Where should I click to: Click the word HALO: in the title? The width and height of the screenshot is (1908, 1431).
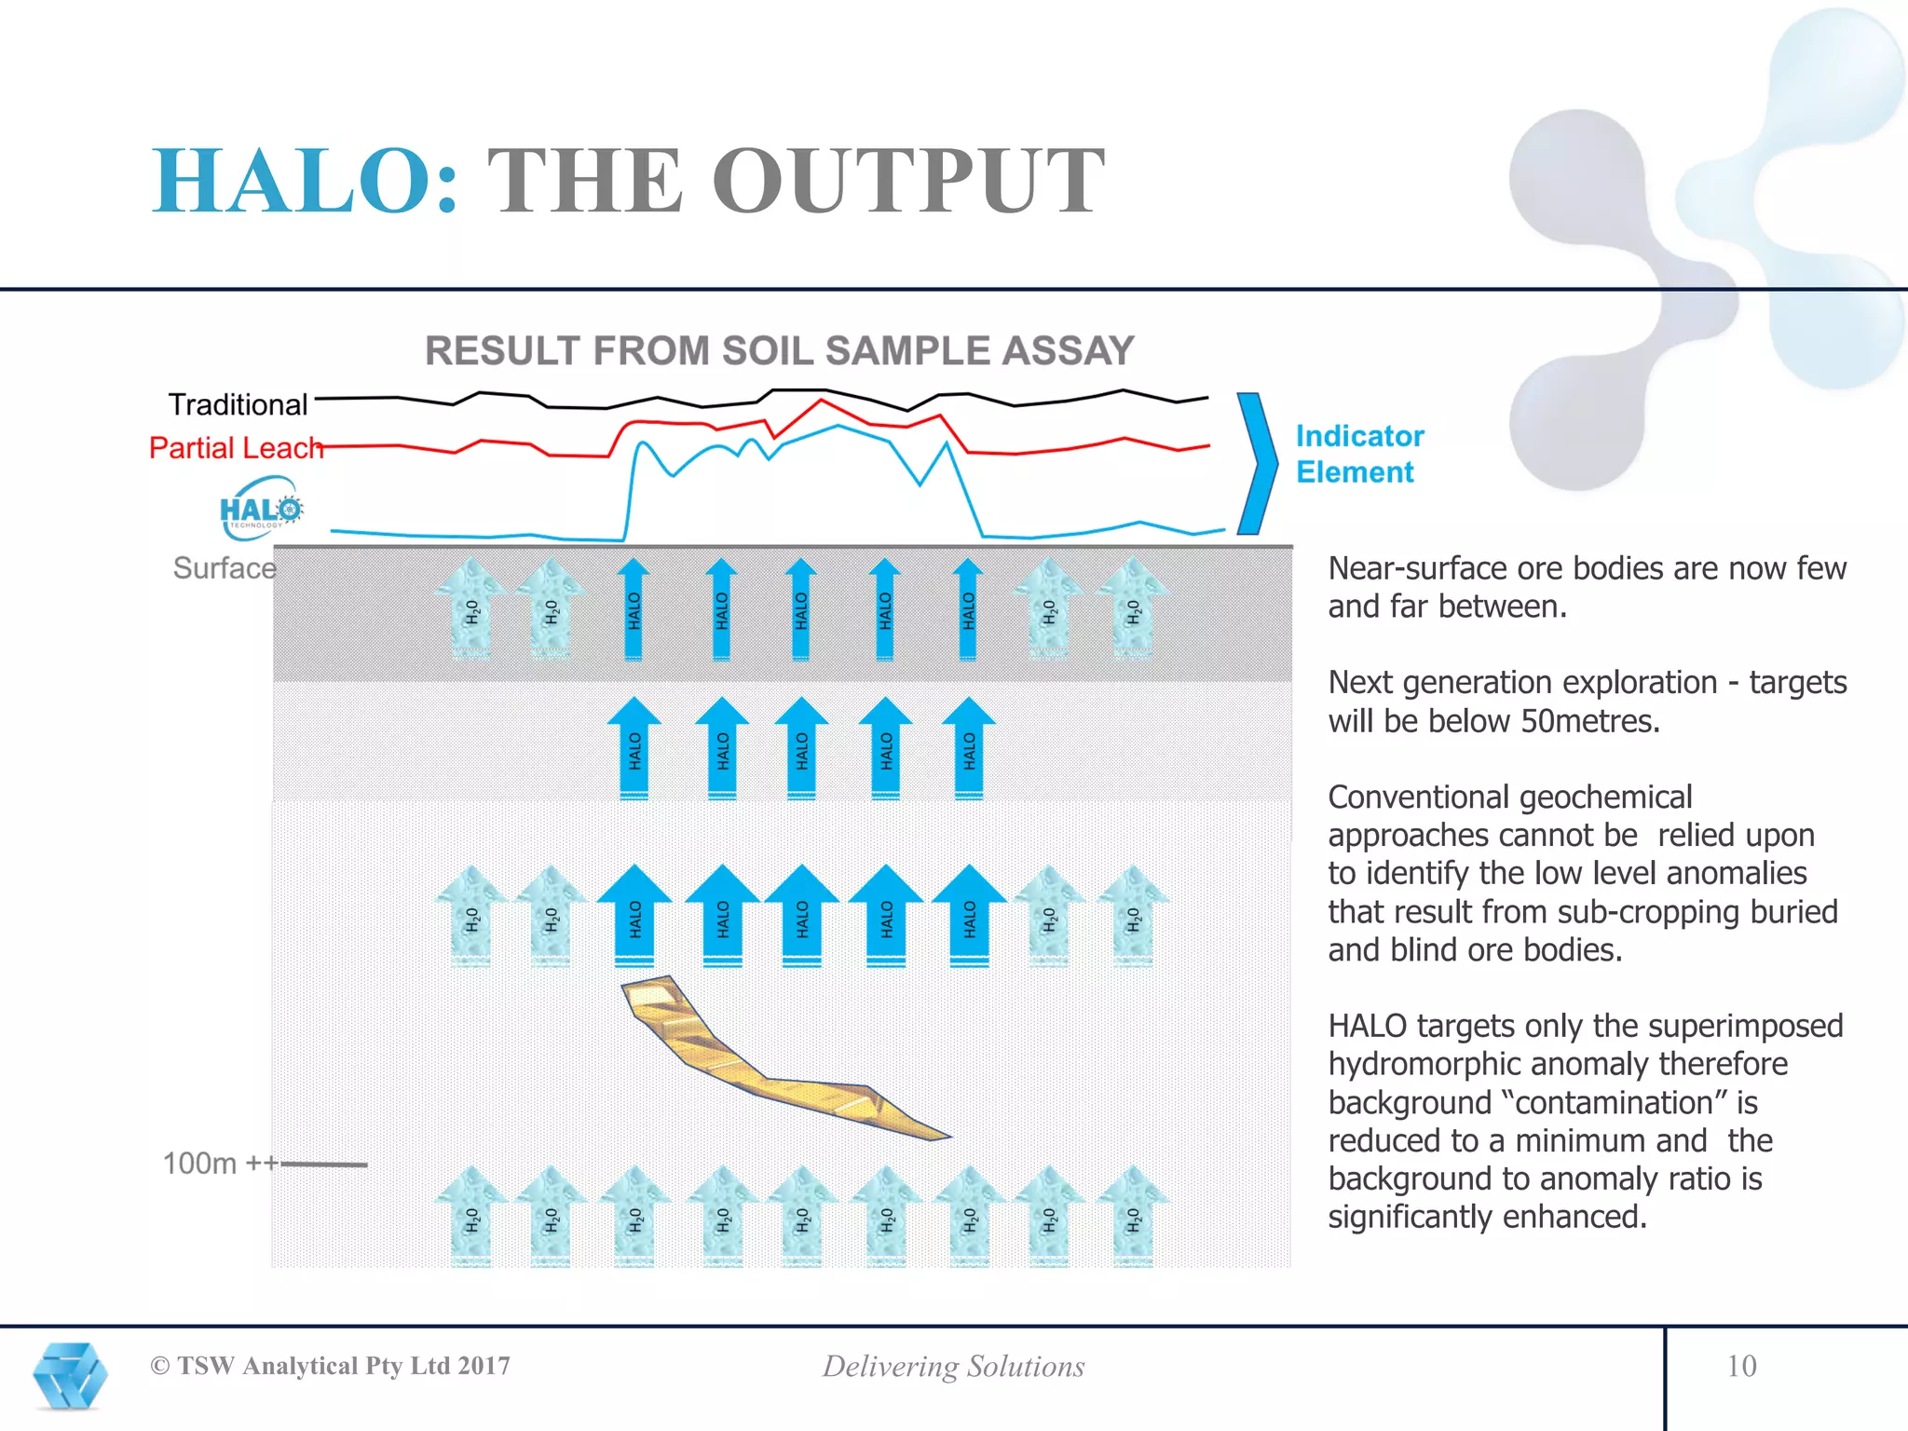pyautogui.click(x=306, y=182)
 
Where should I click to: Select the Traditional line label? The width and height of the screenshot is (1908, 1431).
pyautogui.click(x=238, y=404)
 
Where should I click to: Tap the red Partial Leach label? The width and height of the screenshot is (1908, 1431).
pyautogui.click(x=236, y=448)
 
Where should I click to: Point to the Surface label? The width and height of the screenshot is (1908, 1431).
pyautogui.click(x=225, y=568)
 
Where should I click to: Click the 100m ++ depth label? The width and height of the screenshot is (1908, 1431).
pyautogui.click(x=220, y=1164)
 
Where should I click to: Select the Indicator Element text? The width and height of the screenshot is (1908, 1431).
pyautogui.click(x=1359, y=454)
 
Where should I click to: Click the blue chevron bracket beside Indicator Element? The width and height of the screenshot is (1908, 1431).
pyautogui.click(x=1258, y=463)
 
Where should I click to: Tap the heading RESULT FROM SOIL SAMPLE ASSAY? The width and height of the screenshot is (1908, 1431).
pyautogui.click(x=779, y=351)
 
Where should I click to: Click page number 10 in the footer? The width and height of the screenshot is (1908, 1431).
pyautogui.click(x=1740, y=1366)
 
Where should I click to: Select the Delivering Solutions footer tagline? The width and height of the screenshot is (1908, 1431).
pyautogui.click(x=953, y=1367)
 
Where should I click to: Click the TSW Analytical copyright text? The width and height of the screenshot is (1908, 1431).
pyautogui.click(x=331, y=1366)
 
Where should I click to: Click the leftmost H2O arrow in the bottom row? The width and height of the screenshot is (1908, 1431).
pyautogui.click(x=471, y=1216)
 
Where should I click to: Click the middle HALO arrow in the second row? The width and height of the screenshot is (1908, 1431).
pyautogui.click(x=801, y=748)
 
